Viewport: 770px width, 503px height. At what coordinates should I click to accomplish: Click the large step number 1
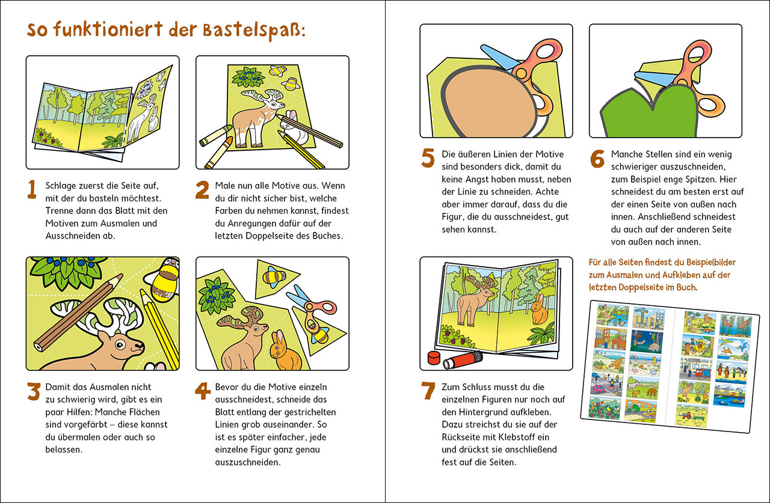coord(32,189)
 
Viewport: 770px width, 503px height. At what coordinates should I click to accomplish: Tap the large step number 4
coord(203,391)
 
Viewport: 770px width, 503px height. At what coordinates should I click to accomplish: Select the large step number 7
coord(428,391)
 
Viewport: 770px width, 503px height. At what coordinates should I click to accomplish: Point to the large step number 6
coord(597,159)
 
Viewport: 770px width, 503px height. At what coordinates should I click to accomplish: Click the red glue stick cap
coord(434,358)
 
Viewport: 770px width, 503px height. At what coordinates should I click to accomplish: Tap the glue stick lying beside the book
coord(463,359)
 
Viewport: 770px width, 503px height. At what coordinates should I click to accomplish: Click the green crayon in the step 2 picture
coord(215,135)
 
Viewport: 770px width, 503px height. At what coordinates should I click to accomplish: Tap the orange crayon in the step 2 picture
coord(220,153)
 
